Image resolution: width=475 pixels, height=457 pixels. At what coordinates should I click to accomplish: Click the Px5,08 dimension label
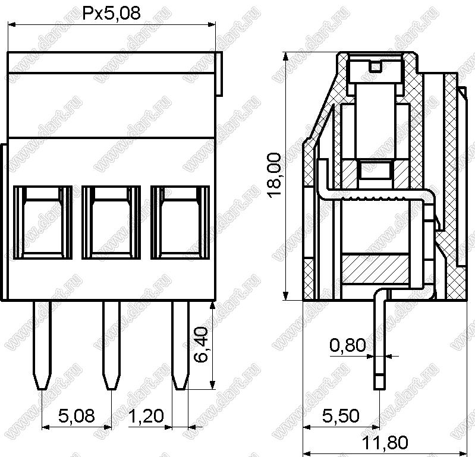pos(112,14)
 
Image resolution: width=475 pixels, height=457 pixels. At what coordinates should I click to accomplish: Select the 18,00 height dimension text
pos(275,175)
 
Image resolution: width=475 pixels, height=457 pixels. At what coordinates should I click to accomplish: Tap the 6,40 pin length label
pos(201,344)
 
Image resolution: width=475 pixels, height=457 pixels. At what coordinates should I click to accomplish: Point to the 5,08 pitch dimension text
pos(76,415)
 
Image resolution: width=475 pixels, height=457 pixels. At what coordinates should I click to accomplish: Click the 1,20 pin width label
pos(146,415)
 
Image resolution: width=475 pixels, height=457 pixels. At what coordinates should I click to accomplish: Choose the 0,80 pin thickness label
pos(347,345)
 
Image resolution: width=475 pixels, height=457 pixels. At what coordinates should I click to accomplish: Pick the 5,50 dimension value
pos(341,415)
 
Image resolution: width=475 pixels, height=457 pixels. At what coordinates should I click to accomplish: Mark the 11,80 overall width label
pos(385,443)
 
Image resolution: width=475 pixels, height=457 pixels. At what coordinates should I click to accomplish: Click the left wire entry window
pos(43,223)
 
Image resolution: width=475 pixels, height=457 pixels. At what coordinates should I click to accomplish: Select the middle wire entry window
pos(111,223)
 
